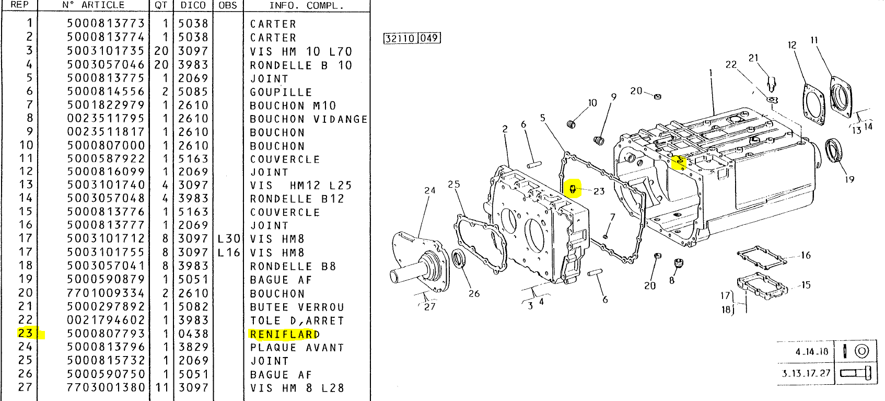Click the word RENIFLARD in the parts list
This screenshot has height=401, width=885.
click(284, 335)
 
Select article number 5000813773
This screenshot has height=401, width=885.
click(106, 24)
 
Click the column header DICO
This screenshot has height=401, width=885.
click(193, 5)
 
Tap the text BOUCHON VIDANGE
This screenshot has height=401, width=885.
click(308, 119)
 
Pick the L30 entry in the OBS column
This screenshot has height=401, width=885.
click(229, 239)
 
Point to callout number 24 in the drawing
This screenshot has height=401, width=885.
click(430, 191)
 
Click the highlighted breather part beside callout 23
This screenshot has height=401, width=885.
click(573, 188)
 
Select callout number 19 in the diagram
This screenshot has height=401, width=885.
click(849, 179)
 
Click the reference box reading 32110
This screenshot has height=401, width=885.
click(400, 38)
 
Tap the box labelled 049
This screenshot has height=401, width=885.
click(429, 38)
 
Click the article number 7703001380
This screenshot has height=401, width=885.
click(106, 388)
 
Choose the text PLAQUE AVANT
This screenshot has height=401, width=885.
click(297, 348)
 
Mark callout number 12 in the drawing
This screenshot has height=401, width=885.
click(792, 45)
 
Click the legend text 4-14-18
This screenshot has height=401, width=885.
click(812, 352)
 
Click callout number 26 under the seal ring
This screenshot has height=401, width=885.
click(474, 294)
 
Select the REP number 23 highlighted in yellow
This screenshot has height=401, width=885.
click(25, 334)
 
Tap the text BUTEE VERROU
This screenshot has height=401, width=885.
click(297, 307)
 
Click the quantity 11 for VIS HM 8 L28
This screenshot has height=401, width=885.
click(161, 388)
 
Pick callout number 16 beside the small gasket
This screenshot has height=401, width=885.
click(806, 255)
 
